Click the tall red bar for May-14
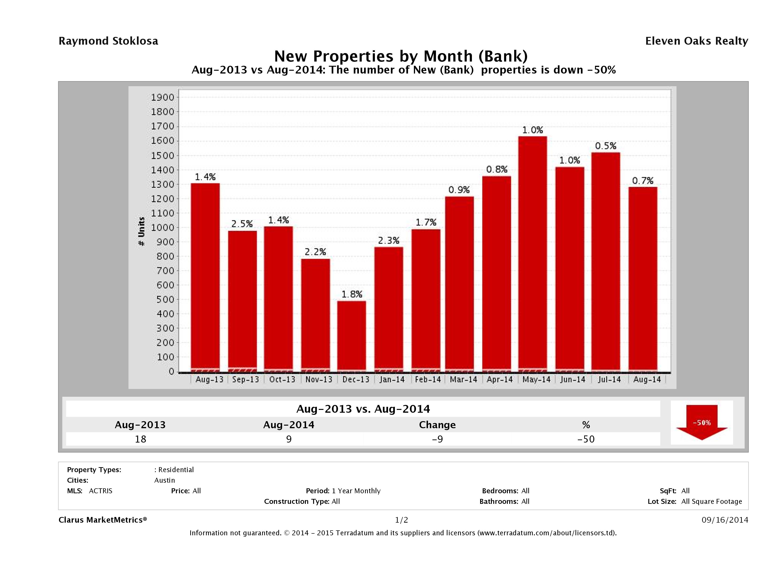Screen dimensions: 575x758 532,254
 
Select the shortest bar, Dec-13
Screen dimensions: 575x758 352,336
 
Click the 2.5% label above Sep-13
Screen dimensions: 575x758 242,224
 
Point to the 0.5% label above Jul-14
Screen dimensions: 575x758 606,146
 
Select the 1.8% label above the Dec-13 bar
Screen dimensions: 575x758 352,294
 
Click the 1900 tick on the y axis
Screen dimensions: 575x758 163,97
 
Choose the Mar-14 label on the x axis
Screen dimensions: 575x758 463,379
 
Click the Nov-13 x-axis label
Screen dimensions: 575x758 319,379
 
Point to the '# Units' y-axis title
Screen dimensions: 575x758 141,232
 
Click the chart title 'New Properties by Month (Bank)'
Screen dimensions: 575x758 401,56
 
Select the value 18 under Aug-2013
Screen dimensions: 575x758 140,439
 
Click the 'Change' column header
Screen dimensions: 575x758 437,425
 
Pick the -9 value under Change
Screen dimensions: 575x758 437,439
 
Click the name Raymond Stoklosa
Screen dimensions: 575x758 108,41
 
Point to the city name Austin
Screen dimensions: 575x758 164,480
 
